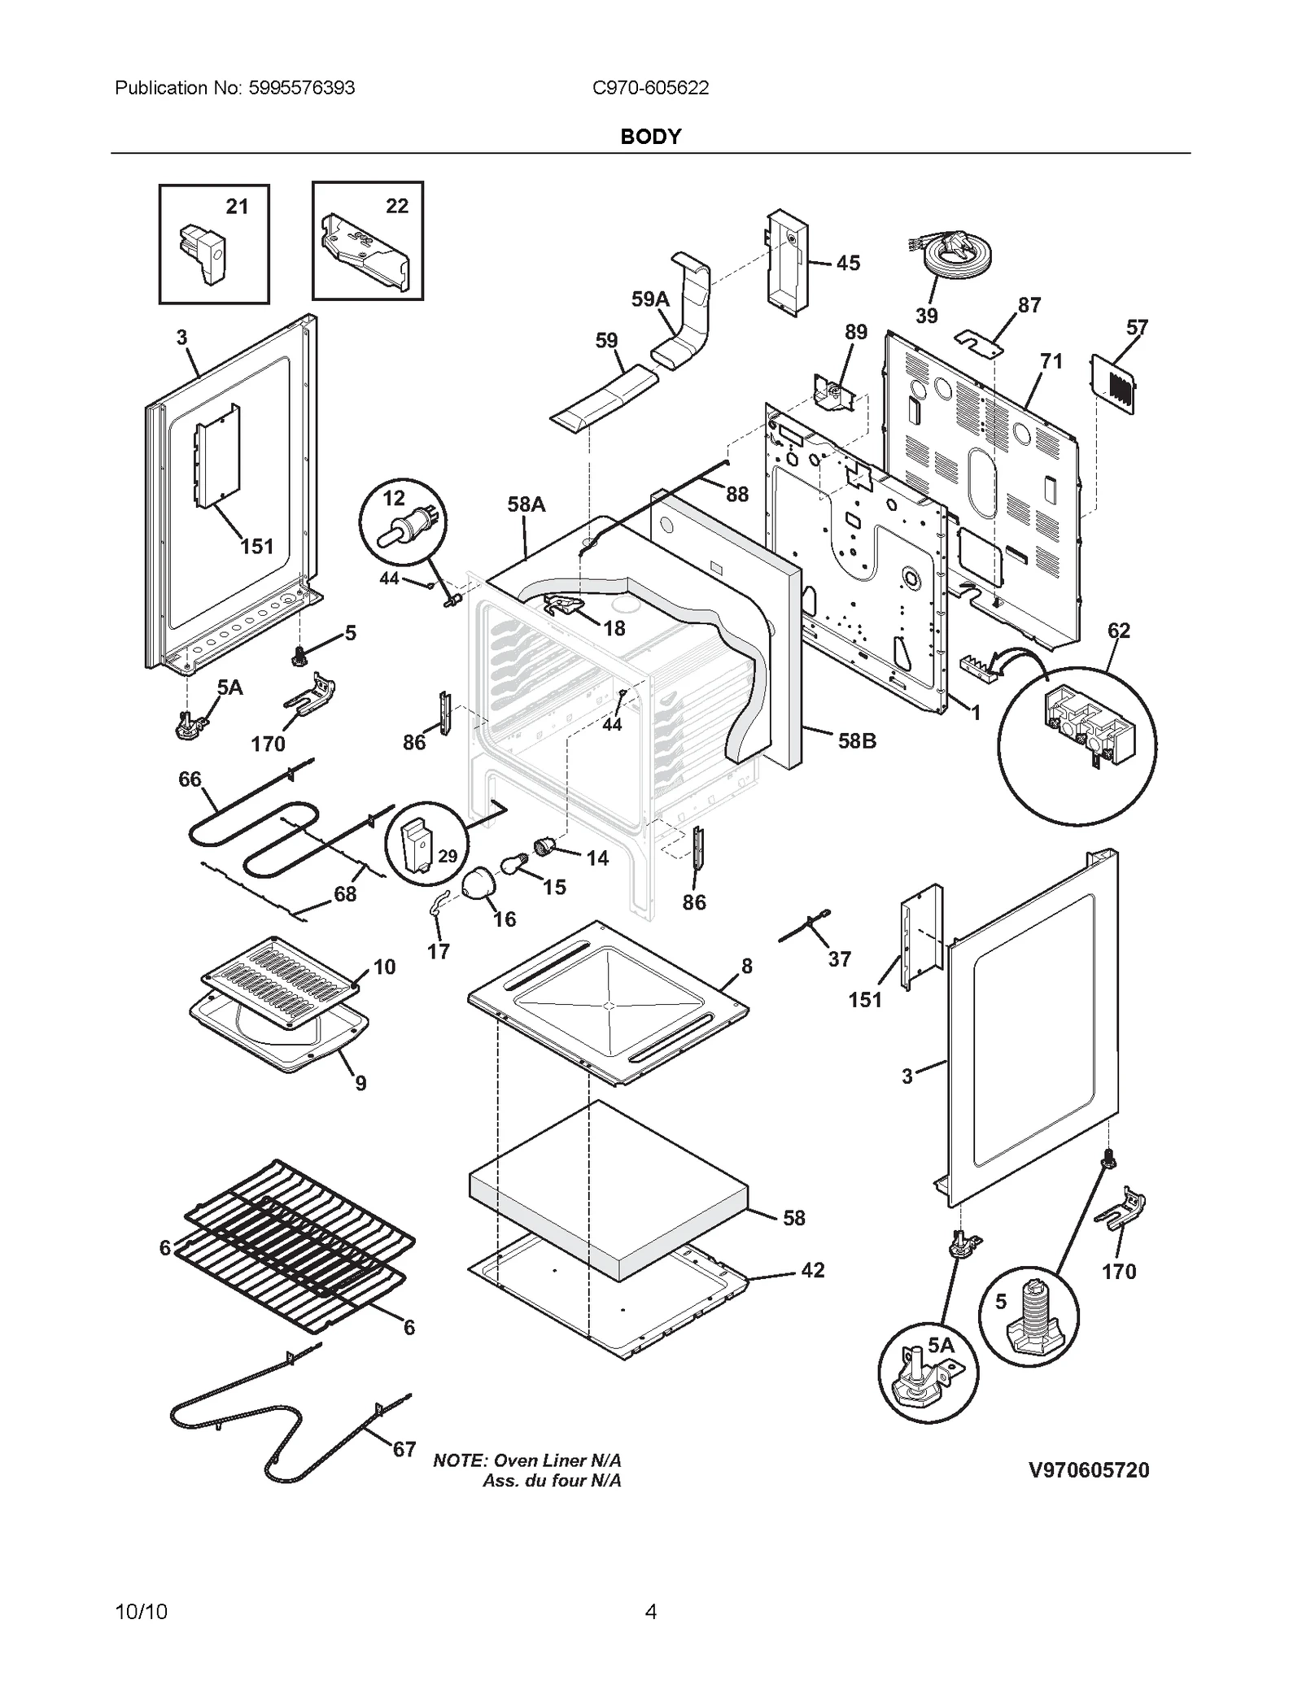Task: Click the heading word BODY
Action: (650, 137)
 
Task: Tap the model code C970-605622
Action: (650, 88)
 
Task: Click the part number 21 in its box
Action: (237, 207)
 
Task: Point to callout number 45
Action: (848, 263)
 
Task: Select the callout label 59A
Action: (650, 299)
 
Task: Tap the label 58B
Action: (857, 740)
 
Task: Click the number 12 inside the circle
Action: (394, 498)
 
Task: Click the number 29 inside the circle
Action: (448, 856)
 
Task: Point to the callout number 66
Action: (190, 779)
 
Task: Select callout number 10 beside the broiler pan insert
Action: (384, 967)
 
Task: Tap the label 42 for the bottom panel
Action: (813, 1270)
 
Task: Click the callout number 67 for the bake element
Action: (404, 1449)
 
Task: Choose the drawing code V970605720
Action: (1089, 1470)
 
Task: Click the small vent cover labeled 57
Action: (1112, 381)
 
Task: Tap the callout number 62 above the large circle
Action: (1119, 631)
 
